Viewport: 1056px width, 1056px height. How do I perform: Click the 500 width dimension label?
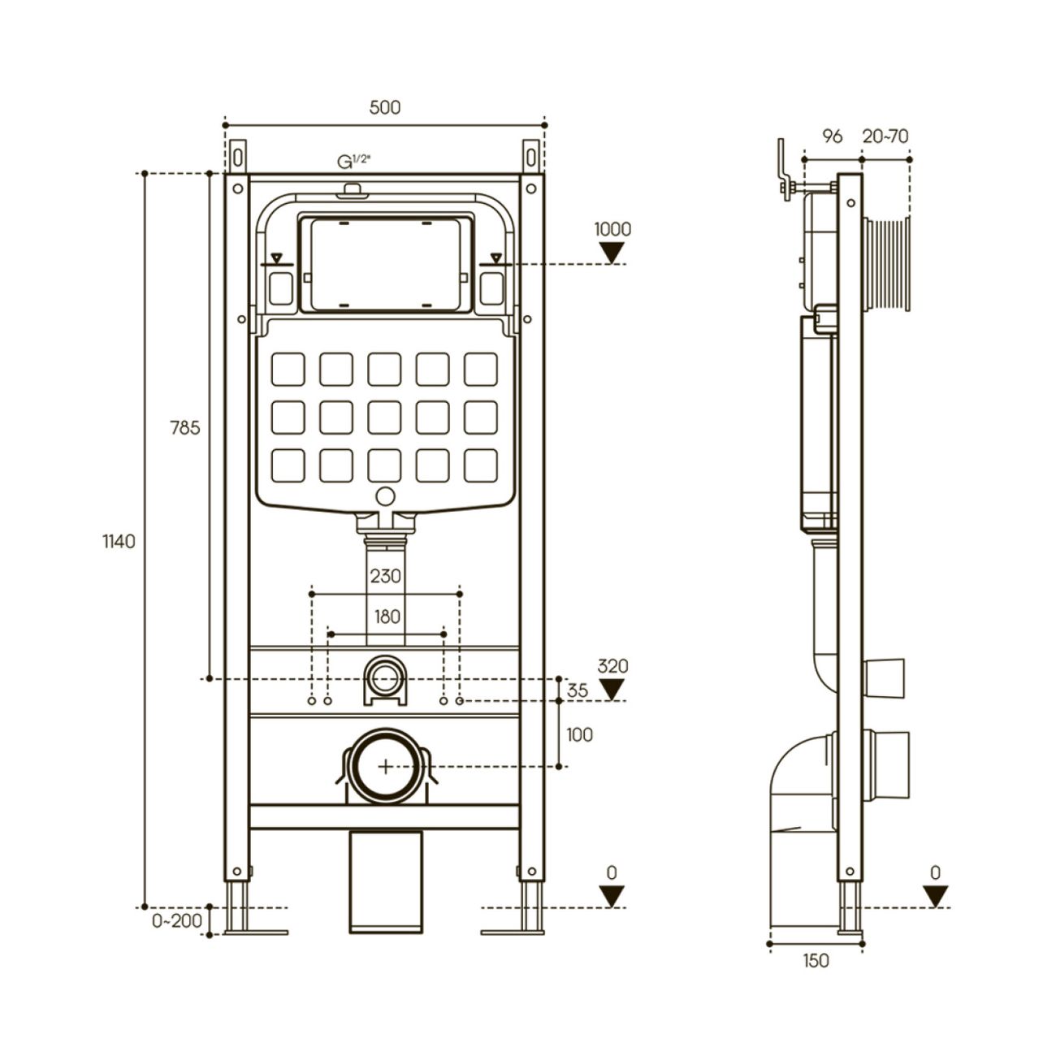pos(385,107)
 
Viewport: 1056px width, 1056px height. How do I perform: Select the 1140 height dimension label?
pos(119,542)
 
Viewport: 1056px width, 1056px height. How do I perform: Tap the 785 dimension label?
pos(185,427)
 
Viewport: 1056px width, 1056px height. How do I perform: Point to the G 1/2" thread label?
pos(353,162)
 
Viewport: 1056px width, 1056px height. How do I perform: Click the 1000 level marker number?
pos(612,229)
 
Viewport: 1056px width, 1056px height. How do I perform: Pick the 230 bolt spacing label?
pos(386,576)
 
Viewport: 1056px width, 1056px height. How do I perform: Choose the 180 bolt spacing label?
pos(387,617)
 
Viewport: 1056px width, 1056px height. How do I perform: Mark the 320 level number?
pos(612,666)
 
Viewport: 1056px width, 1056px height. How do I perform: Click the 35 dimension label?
pos(578,690)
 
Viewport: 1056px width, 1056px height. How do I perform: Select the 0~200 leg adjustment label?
pos(177,920)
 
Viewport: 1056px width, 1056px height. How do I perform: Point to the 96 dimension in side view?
pos(833,136)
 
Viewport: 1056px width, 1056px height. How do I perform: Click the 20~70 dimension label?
pos(885,136)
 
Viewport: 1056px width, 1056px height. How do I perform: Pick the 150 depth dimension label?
pos(816,960)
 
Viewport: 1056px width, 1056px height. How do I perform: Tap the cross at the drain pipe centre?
pos(386,767)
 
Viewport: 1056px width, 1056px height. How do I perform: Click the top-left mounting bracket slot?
pos(238,158)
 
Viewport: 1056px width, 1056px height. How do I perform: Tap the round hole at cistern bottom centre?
pos(386,496)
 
